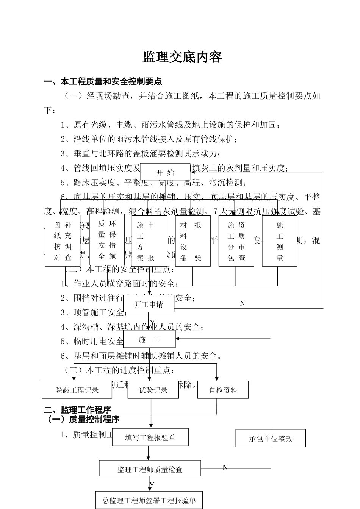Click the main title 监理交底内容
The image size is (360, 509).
point(182,57)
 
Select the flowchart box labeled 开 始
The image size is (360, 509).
point(165,172)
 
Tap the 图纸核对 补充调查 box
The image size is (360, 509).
point(63,241)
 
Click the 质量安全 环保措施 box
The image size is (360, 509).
point(107,240)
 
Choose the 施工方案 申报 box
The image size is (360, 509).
point(149,241)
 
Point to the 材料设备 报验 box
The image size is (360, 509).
point(193,241)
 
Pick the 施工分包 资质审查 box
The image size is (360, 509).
point(236,241)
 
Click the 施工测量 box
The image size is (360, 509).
point(280,241)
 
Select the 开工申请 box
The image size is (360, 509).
point(149,304)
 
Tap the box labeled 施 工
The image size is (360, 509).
point(150,340)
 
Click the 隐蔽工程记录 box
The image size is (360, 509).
point(77,390)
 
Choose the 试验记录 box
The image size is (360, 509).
point(153,390)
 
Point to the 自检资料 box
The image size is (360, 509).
point(223,390)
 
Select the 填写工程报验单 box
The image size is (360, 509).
point(150,438)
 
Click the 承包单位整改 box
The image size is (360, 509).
point(271,439)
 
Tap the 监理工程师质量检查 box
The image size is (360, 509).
point(150,469)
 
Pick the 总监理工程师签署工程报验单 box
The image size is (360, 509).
point(149,500)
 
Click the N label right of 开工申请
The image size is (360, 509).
point(243,303)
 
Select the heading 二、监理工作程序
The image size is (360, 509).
point(77,410)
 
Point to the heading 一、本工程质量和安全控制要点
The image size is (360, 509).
point(103,81)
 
